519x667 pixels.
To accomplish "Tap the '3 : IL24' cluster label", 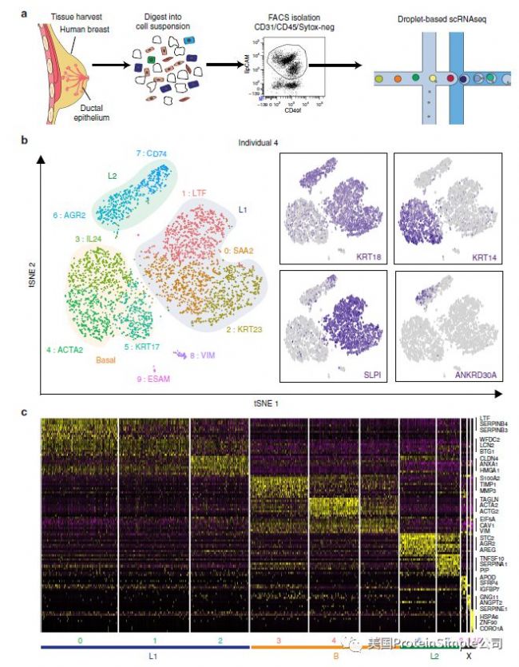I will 89,238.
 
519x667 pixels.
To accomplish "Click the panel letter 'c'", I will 25,413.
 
